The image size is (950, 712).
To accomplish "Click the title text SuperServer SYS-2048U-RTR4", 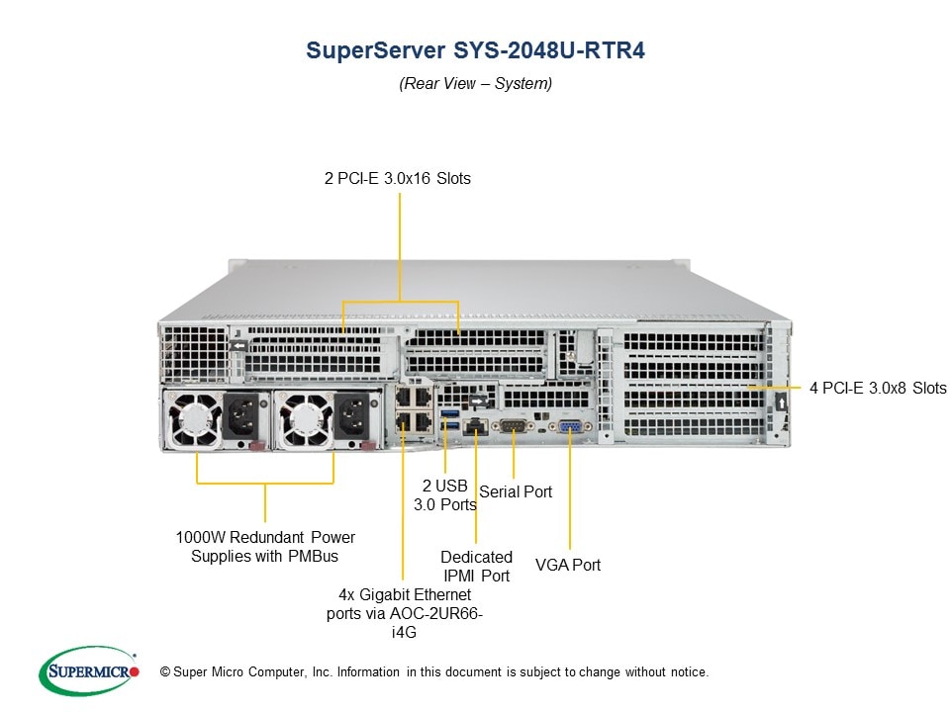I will click(475, 50).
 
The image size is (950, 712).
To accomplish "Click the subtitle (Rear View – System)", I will click(475, 84).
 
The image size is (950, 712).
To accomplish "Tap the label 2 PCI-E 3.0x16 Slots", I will click(397, 179).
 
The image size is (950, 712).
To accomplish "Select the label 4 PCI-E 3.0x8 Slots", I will click(878, 388).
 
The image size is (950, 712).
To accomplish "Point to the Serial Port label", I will click(516, 491).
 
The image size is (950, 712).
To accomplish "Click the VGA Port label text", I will click(568, 565).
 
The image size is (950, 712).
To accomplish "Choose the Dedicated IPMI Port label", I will click(476, 566).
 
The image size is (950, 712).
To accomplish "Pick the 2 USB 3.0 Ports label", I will click(444, 494).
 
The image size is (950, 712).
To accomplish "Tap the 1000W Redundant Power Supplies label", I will click(265, 547).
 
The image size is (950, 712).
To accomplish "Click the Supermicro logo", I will click(88, 671).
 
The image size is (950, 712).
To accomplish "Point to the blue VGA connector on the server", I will click(571, 427).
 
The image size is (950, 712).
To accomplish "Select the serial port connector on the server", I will click(514, 427).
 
